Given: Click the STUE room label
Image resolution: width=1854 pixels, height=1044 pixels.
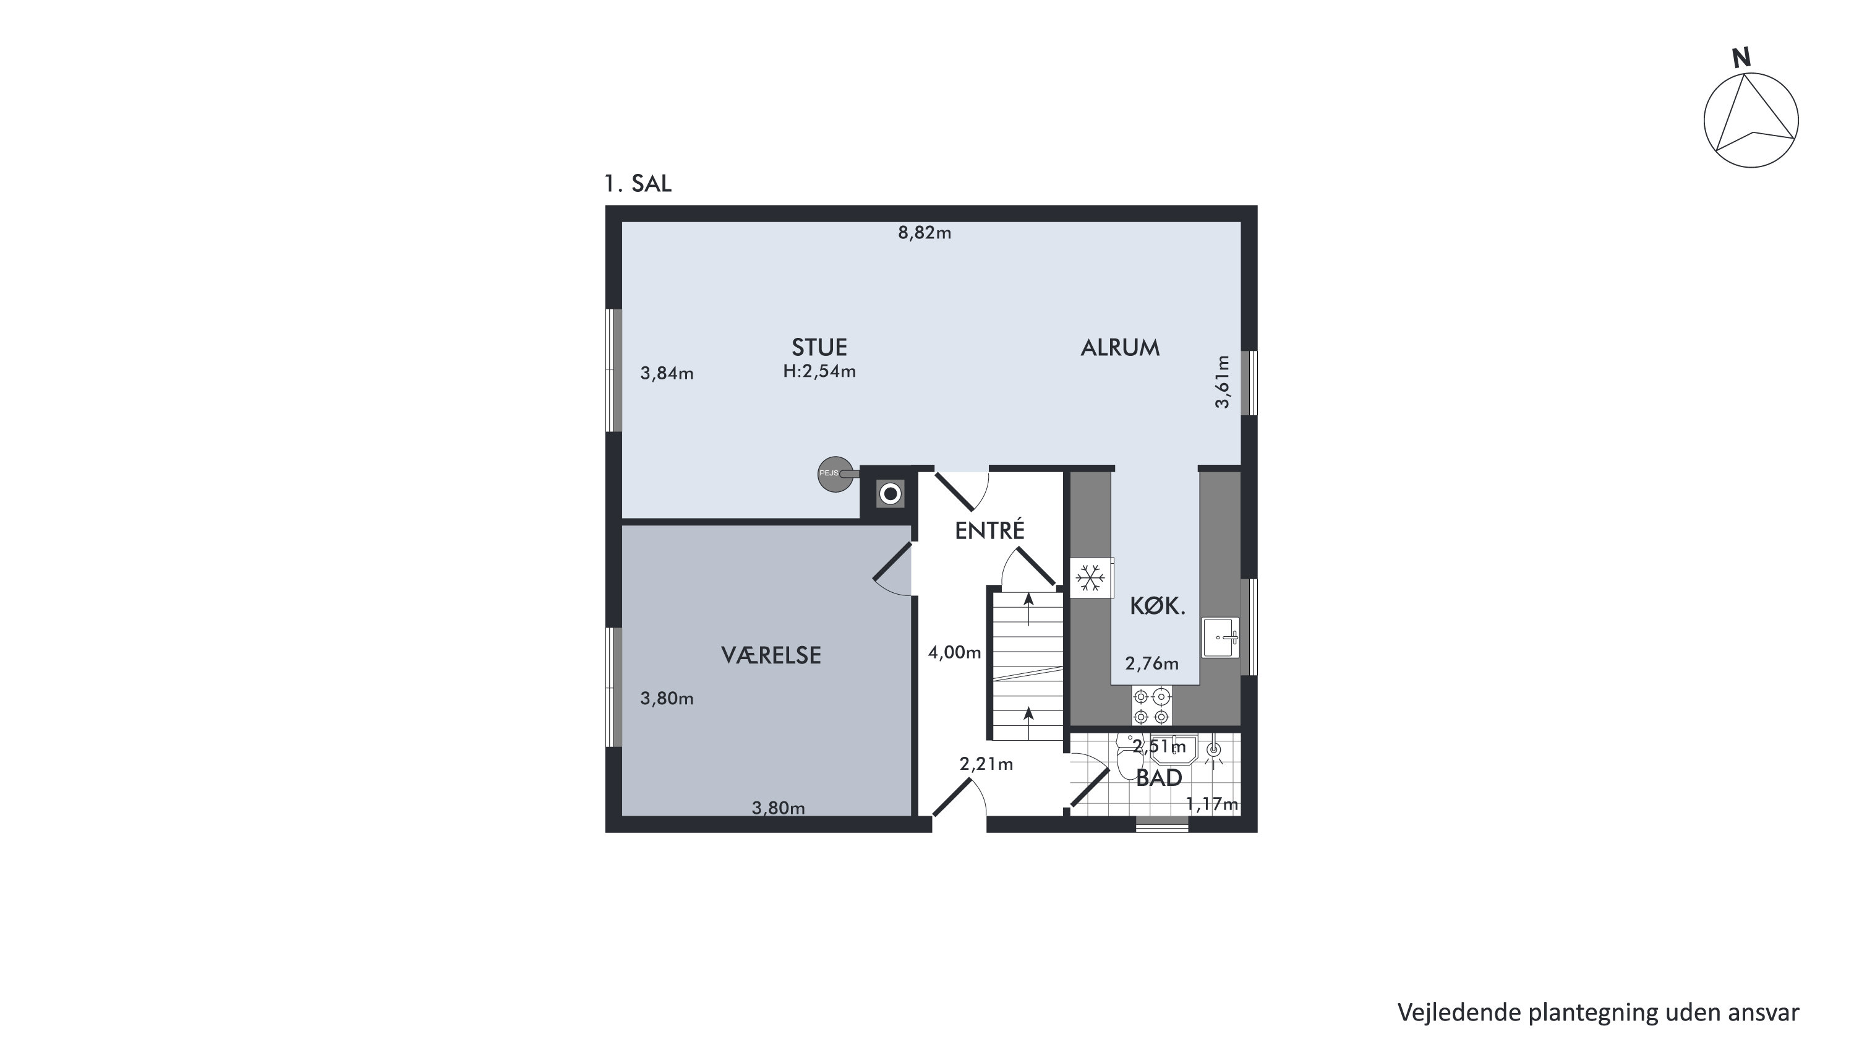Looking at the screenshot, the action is [x=819, y=348].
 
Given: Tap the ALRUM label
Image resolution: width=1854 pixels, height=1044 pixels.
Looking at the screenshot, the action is [x=1120, y=348].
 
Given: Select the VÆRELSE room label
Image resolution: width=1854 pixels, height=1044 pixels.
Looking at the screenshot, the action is [x=771, y=655].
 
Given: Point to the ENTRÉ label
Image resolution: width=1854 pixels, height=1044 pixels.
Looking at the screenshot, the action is [x=989, y=530].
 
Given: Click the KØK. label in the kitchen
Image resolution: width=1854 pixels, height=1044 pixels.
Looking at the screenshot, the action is [x=1157, y=606].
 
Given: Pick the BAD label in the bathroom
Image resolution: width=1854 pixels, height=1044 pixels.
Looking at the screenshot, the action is [x=1159, y=778].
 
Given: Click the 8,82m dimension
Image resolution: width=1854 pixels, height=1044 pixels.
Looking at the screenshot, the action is [x=925, y=233].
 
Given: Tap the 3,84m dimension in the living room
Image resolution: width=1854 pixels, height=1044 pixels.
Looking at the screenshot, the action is [x=667, y=374].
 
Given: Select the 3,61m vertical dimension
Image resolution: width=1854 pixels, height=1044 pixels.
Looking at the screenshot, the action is [x=1222, y=382].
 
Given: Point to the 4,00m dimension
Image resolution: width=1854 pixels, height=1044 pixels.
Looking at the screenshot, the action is [x=954, y=652].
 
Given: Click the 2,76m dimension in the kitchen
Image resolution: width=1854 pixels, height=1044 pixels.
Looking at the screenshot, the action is [x=1152, y=663].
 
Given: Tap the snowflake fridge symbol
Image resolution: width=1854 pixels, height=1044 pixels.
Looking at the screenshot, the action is [x=1091, y=577].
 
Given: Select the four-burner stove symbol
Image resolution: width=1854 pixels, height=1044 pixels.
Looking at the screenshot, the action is [x=1151, y=706].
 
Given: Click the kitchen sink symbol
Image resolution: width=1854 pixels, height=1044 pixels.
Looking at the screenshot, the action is [x=1221, y=637].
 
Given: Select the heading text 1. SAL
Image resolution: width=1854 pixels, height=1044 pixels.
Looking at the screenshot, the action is [x=638, y=184].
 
